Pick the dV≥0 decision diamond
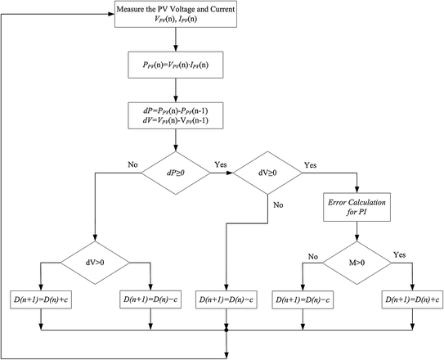point(268,173)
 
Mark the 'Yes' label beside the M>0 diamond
point(398,253)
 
